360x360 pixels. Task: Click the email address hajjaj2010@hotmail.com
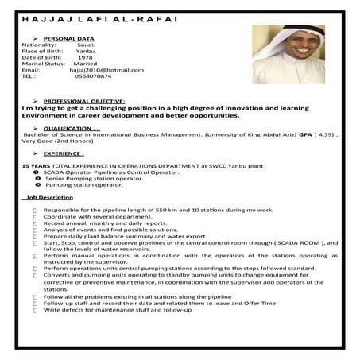[108, 70]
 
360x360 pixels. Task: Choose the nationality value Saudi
[88, 45]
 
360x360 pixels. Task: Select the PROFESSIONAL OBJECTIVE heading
[84, 101]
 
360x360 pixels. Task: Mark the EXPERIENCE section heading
[64, 153]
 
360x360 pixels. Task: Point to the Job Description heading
[50, 197]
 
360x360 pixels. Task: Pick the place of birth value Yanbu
[87, 51]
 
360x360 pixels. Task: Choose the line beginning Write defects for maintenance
[117, 309]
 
